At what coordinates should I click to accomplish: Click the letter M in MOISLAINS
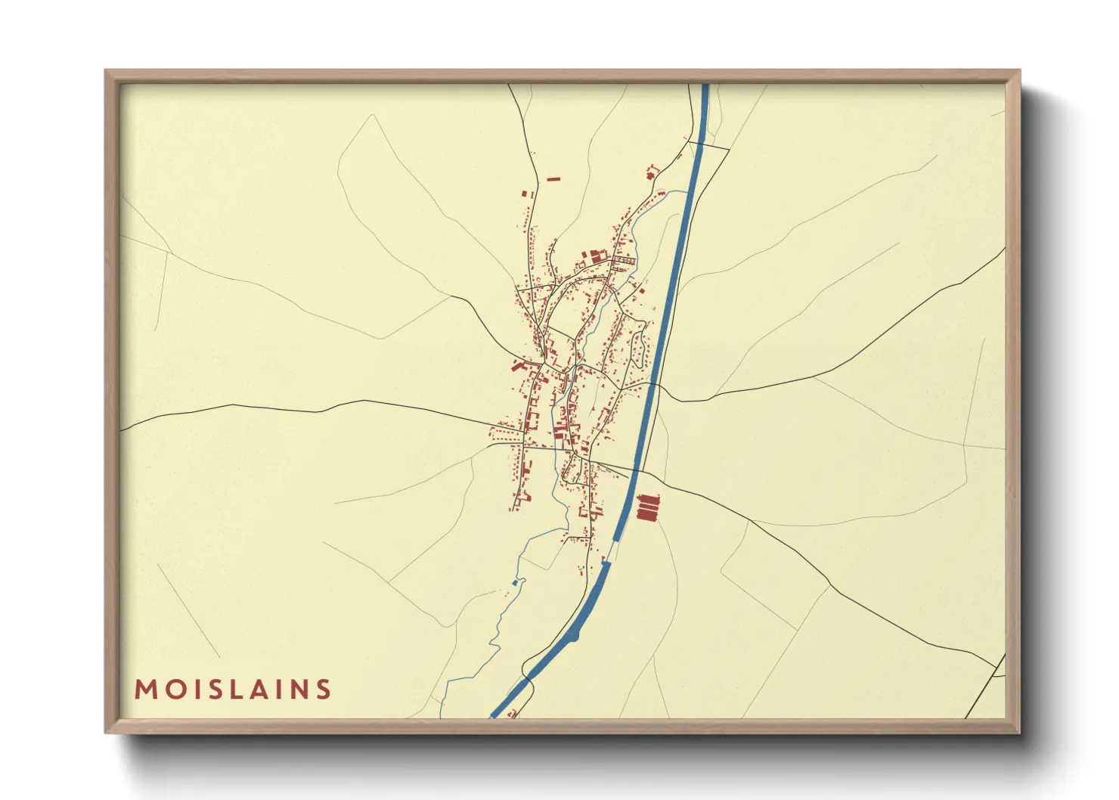(x=144, y=690)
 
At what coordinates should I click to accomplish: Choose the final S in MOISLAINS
(x=324, y=690)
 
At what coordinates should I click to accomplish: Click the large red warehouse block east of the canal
(x=648, y=507)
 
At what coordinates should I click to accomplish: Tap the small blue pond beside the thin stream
(x=515, y=583)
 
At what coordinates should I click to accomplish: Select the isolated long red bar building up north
(x=553, y=179)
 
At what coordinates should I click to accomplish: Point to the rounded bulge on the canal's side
(x=576, y=636)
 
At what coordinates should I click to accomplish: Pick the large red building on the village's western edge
(x=518, y=366)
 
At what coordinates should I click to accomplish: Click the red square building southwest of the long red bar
(x=524, y=194)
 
